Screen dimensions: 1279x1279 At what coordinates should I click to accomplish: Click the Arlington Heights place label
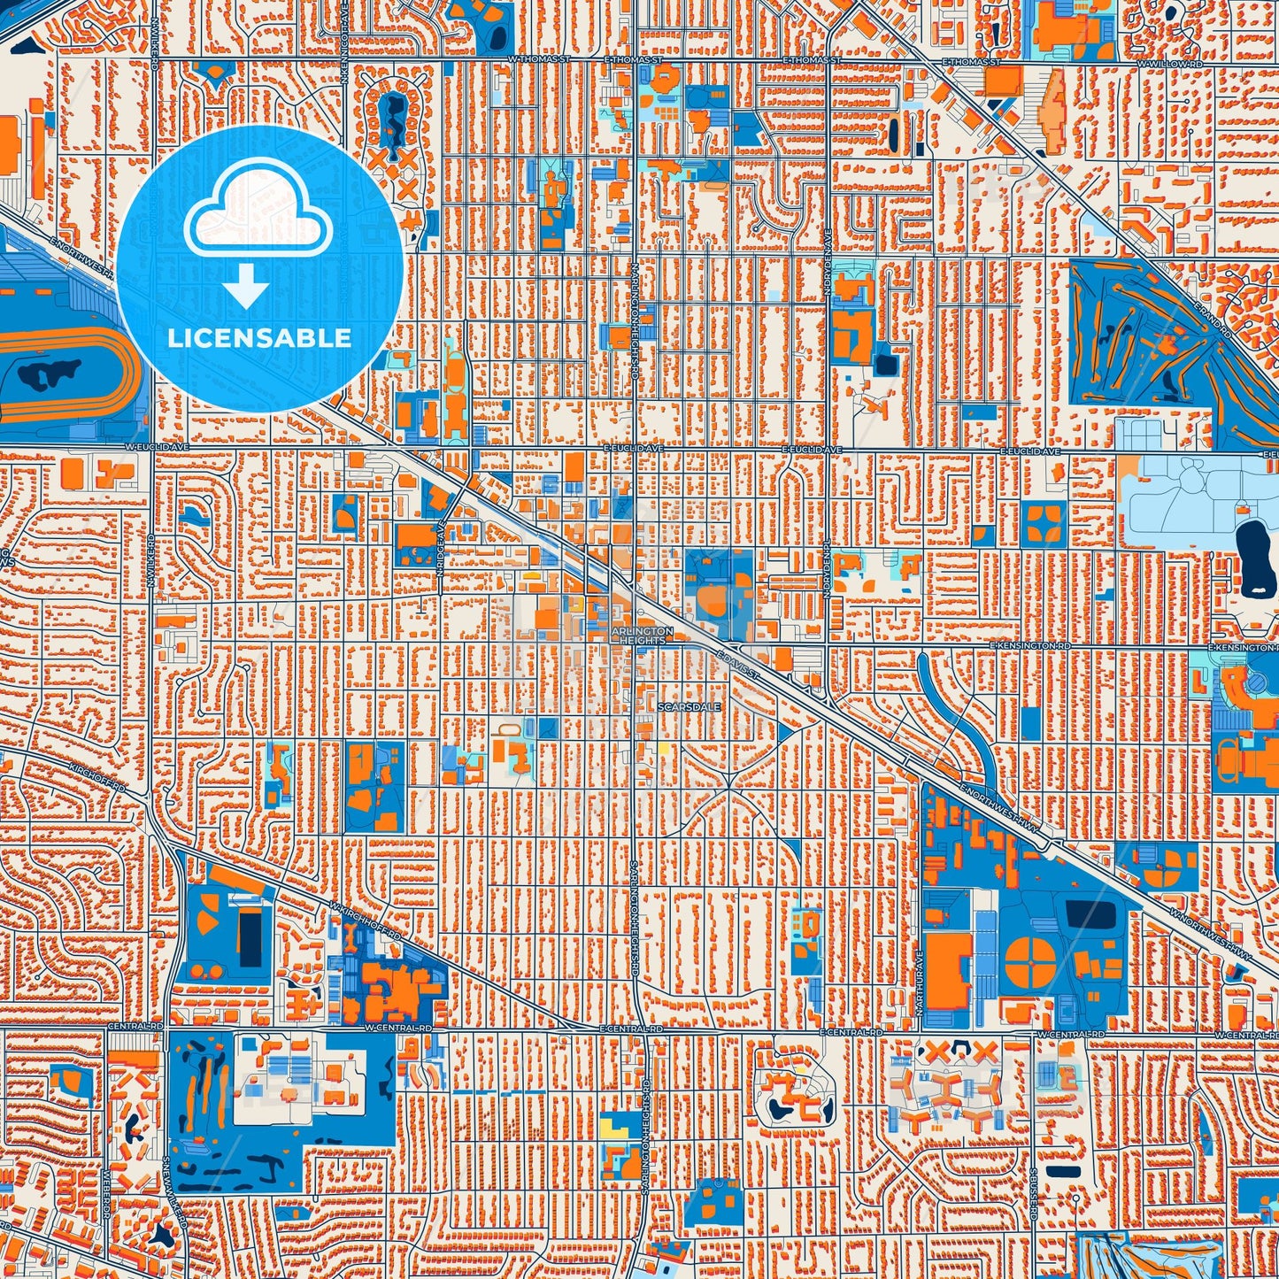[x=642, y=636]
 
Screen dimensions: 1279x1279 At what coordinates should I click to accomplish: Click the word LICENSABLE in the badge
[x=259, y=337]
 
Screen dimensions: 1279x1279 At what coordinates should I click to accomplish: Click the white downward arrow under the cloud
[x=246, y=287]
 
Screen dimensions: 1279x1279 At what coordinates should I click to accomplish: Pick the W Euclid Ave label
[x=146, y=448]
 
